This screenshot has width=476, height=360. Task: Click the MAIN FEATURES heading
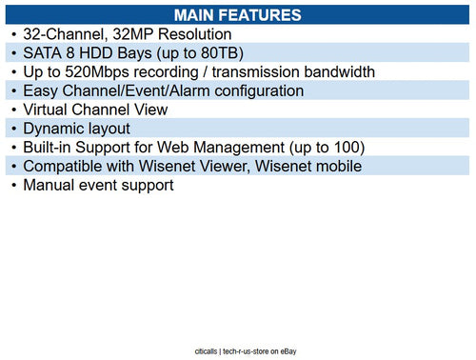(x=238, y=14)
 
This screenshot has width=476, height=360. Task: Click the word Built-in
(x=52, y=148)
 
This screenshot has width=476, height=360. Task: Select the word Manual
(x=50, y=186)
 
